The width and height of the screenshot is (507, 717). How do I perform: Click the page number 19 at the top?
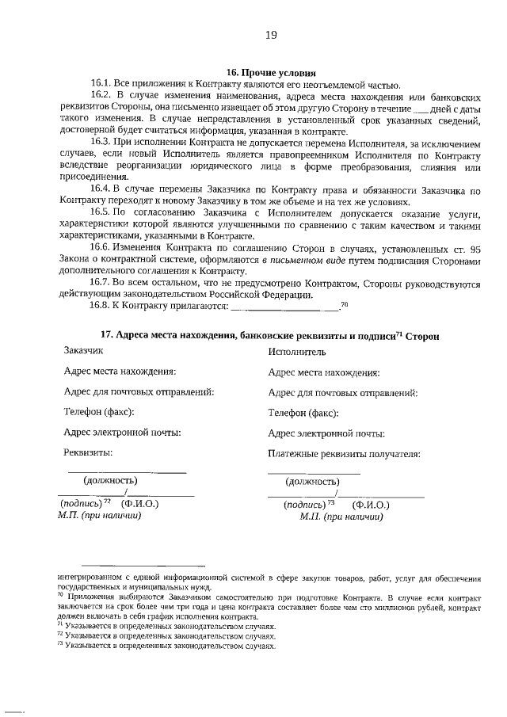[x=270, y=35]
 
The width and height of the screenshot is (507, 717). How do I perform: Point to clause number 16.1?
[x=101, y=84]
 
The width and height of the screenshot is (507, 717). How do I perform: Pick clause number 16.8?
[x=101, y=307]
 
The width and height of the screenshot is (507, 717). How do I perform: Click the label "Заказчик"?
[x=83, y=350]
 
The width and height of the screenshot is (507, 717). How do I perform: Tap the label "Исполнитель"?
[x=297, y=352]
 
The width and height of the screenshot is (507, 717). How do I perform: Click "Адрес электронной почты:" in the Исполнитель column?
[x=326, y=433]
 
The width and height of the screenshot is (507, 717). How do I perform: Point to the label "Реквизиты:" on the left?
[x=88, y=453]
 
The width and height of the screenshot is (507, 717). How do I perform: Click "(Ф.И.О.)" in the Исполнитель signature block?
[x=371, y=504]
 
